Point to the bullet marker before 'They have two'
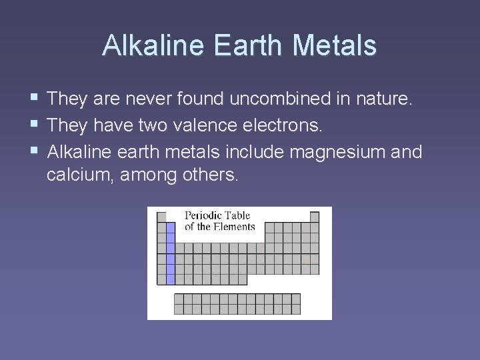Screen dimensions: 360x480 point(34,126)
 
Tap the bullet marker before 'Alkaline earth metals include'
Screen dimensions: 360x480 point(34,152)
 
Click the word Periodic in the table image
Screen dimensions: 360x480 point(204,215)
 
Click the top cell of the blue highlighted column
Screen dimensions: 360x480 point(170,227)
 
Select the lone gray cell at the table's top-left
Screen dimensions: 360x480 point(161,217)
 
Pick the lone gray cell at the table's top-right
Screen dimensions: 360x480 point(315,217)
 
